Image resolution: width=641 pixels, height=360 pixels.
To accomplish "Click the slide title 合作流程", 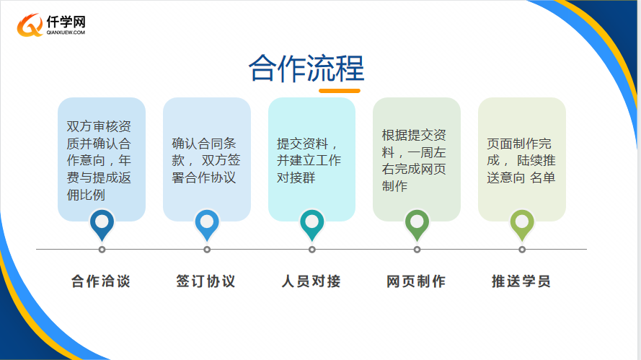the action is (306, 68).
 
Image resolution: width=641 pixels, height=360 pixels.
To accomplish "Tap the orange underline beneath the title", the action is (340, 91).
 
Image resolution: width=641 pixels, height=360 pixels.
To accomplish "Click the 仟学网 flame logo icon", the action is (30, 25).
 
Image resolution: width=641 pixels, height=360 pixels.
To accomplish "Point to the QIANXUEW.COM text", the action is (66, 32).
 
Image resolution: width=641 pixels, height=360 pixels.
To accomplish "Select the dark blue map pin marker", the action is (102, 225).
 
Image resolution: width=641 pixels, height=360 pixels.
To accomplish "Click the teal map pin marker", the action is (312, 225).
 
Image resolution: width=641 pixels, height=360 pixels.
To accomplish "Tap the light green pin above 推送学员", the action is (522, 225).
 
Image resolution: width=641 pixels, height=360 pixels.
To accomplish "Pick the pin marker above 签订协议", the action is (207, 225).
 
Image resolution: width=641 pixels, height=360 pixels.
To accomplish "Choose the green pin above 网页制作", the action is (417, 225).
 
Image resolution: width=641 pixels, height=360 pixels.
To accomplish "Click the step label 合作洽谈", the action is (101, 281).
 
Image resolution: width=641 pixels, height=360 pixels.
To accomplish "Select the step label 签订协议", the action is (205, 281).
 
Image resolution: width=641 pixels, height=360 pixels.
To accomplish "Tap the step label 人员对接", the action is (311, 281).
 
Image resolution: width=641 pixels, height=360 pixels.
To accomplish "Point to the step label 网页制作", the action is (416, 281).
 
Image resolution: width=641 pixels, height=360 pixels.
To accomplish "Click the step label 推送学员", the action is (521, 281).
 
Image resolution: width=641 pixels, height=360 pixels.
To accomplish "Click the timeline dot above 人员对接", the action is (312, 250).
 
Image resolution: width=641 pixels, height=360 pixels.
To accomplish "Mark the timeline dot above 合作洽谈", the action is (102, 250).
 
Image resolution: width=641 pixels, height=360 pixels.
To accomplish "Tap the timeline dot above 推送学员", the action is (522, 250).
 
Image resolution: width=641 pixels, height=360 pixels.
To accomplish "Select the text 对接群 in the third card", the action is (296, 177).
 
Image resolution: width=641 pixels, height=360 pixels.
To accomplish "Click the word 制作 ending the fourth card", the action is (394, 186).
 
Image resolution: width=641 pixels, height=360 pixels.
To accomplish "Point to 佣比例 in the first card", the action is (86, 195).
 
